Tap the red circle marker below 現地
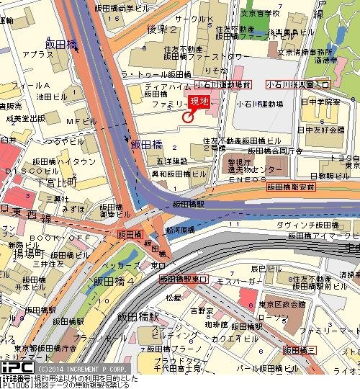189,117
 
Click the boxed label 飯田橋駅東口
184,279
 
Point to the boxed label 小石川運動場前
228,84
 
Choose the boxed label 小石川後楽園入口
297,84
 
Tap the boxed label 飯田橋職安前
292,187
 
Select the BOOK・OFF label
50,237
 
